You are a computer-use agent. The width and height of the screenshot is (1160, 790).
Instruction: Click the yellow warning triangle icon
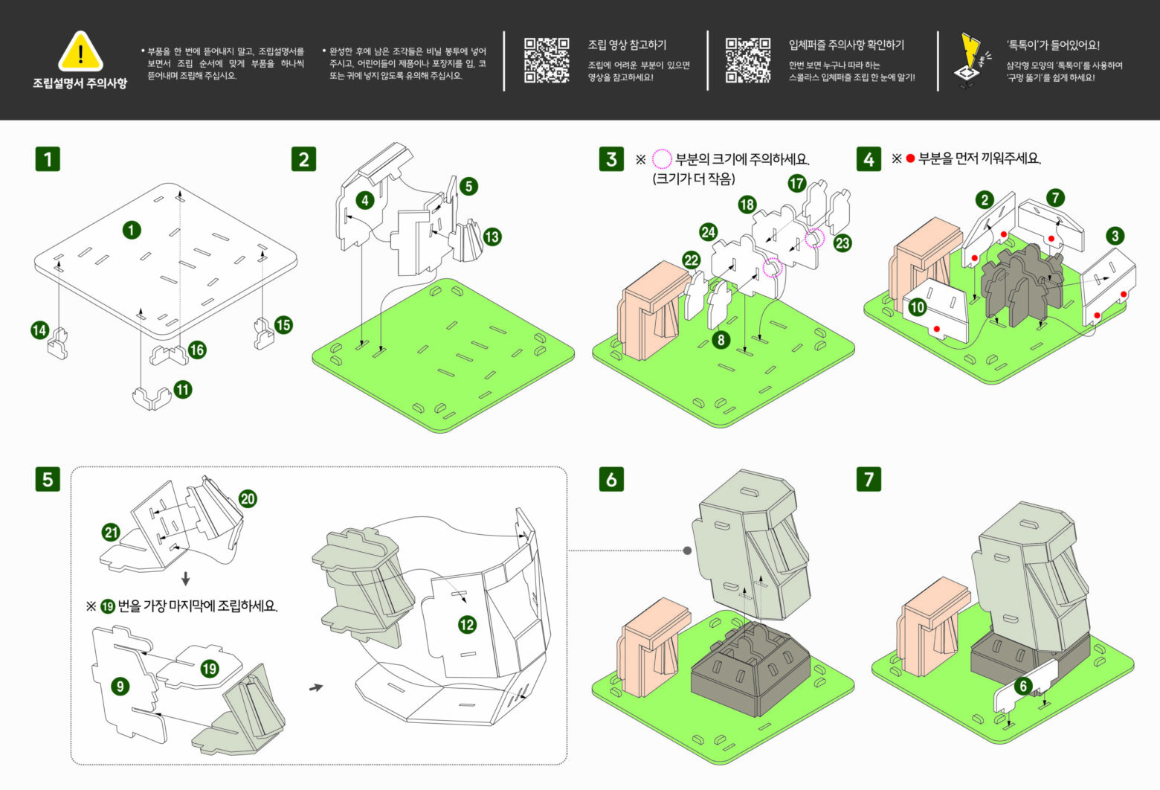tap(80, 51)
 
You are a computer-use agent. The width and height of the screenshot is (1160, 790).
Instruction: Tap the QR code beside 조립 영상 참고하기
tap(547, 60)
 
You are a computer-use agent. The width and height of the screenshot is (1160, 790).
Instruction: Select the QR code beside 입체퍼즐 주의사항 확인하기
tap(747, 60)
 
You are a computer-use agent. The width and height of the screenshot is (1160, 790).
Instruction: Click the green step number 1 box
tap(48, 158)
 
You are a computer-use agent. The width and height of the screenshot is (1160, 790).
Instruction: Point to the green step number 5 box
tap(48, 478)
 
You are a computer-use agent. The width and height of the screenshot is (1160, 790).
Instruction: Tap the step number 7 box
tap(869, 478)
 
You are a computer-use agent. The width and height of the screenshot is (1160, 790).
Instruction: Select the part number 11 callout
tap(183, 389)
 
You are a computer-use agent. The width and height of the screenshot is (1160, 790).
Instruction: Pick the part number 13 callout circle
tap(492, 237)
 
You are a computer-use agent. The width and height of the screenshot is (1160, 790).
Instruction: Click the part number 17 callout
tap(797, 183)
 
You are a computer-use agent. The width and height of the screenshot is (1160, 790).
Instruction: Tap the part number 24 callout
tap(708, 232)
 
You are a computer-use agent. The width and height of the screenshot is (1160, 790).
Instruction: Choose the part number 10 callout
tap(918, 306)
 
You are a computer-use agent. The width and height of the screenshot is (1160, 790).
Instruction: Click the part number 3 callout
tap(1115, 236)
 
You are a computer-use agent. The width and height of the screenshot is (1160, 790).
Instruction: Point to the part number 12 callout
tap(467, 624)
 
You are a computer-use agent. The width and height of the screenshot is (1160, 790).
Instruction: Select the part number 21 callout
tap(111, 532)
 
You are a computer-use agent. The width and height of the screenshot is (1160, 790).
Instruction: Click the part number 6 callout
tap(1023, 686)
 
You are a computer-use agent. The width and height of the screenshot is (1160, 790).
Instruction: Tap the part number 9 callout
tap(120, 686)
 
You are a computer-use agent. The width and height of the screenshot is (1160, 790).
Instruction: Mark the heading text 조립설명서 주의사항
tap(80, 83)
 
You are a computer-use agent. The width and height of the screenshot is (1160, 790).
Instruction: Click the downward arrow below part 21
tap(186, 579)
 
